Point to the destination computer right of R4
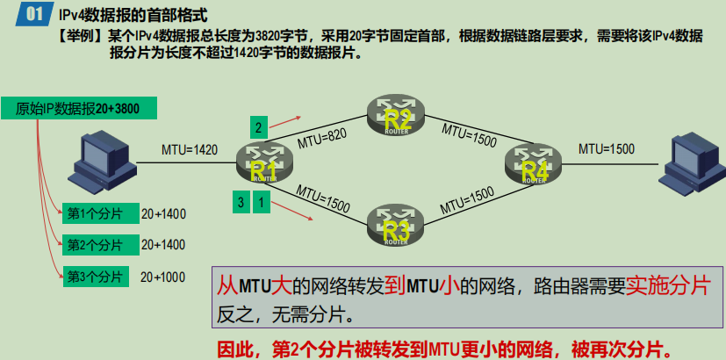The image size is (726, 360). (x=694, y=163)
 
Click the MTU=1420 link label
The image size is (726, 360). (x=190, y=149)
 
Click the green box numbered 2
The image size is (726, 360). (x=258, y=127)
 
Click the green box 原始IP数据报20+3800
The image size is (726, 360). (x=79, y=109)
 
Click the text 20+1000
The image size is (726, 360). (x=163, y=277)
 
